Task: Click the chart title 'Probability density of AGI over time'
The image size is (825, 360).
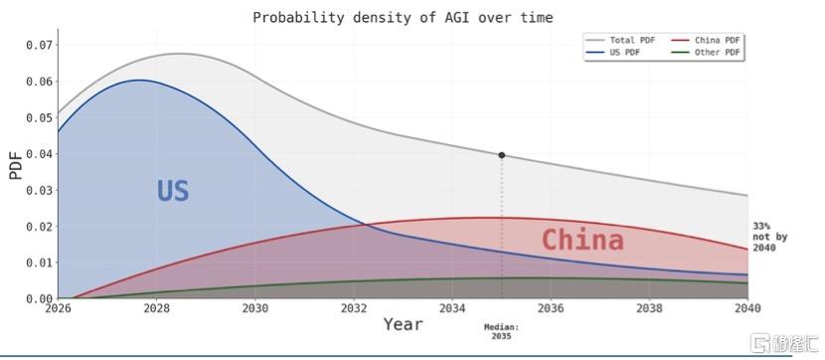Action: [x=403, y=17]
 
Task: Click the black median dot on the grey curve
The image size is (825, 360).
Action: [x=501, y=155]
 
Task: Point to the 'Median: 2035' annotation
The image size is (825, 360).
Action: [x=501, y=331]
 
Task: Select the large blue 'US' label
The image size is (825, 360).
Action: [x=173, y=191]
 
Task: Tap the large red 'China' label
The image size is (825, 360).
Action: [x=582, y=241]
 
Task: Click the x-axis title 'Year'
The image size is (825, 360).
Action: [x=403, y=324]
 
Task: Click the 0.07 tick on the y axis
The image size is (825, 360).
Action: [x=40, y=45]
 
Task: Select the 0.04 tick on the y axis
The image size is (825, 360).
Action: [x=40, y=154]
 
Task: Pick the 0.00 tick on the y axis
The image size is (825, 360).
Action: [x=40, y=298]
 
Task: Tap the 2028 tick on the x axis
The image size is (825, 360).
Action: [x=156, y=308]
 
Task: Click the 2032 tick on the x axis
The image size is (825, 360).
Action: [x=354, y=308]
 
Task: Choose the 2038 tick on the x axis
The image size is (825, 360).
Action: [x=649, y=308]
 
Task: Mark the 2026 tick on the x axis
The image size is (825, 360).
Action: [x=58, y=308]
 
